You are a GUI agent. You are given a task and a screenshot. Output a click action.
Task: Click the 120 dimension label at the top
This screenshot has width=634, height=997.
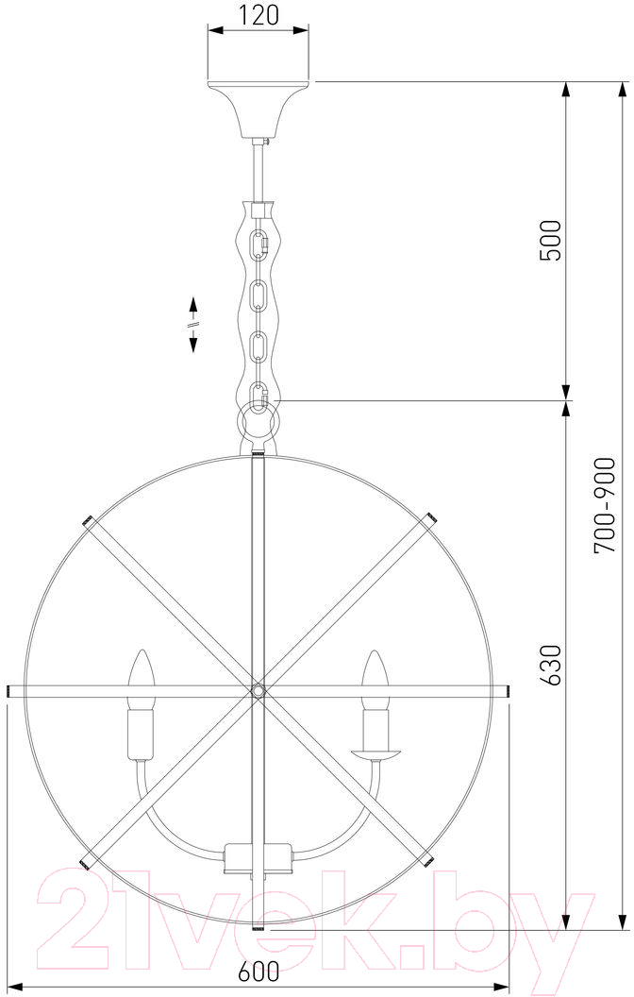[259, 15]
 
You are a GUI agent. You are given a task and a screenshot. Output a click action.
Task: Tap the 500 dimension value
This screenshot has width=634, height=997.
[550, 241]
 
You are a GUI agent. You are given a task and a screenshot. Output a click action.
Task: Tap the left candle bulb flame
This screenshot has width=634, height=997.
[142, 679]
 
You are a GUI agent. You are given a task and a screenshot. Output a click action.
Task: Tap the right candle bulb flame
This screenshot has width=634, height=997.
[375, 679]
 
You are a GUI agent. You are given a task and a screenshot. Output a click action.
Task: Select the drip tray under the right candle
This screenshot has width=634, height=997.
[377, 754]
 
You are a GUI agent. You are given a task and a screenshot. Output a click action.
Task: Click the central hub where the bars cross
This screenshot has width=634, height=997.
[258, 690]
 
